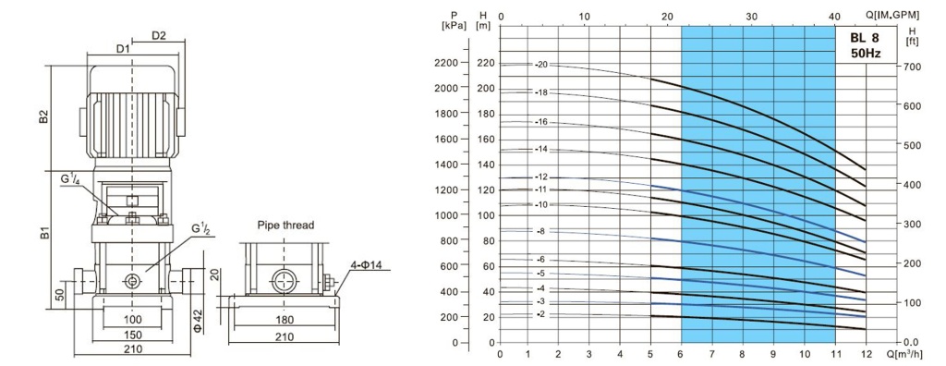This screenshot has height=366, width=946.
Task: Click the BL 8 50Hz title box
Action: coord(866,45)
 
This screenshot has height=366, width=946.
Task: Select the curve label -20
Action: coord(541,64)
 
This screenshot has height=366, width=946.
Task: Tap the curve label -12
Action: coord(541,177)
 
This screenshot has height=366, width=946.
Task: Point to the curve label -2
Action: coord(540,314)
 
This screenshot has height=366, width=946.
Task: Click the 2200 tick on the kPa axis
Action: coord(446,62)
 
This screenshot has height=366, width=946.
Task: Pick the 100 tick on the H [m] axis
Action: coord(486,215)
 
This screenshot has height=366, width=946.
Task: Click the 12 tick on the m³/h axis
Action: coord(866,354)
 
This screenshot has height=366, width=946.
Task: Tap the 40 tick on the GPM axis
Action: coord(834,17)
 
